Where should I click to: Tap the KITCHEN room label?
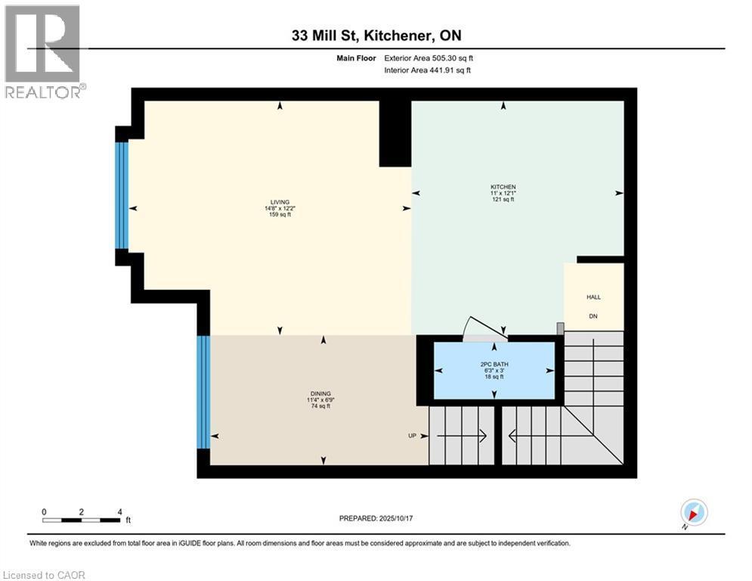(503, 186)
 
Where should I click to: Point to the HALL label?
(593, 297)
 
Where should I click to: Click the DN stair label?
(593, 316)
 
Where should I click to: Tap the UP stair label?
(413, 436)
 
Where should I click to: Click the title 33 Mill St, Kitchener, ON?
(376, 36)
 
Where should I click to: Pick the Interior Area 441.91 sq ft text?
(429, 70)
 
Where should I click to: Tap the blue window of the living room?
(122, 195)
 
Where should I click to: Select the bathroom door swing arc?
(484, 325)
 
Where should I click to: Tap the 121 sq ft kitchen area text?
(503, 200)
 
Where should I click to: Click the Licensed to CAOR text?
(45, 575)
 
